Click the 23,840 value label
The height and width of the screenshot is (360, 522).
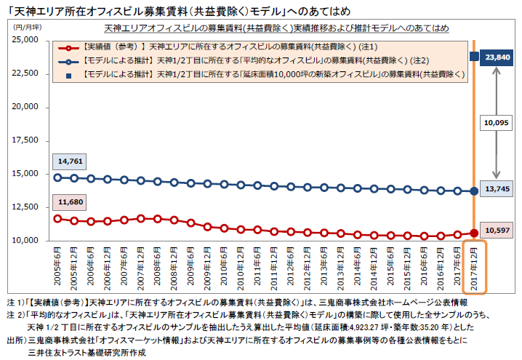pos(498,56)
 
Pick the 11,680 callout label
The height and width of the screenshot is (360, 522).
pos(71,202)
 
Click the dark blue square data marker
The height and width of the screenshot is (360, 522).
pos(475,56)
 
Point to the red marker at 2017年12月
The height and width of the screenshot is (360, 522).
pos(475,233)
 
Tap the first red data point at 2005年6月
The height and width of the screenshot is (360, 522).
pos(57,218)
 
